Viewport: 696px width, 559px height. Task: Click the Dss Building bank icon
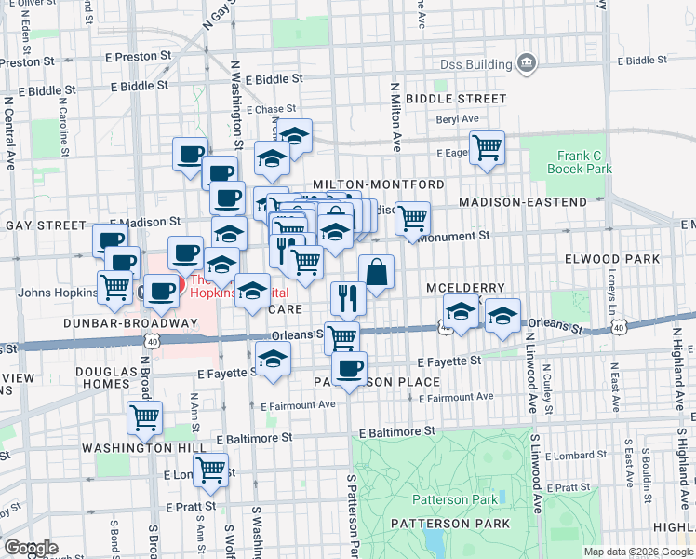(x=527, y=62)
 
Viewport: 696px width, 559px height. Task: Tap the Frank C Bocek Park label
(x=584, y=162)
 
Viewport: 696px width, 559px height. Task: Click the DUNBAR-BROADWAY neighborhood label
(x=130, y=322)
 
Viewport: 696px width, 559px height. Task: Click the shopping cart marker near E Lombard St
(x=210, y=470)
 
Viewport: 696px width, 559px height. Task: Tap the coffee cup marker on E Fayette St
(x=349, y=369)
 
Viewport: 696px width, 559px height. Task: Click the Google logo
(x=31, y=547)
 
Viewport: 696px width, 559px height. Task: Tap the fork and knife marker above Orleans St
(x=347, y=298)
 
